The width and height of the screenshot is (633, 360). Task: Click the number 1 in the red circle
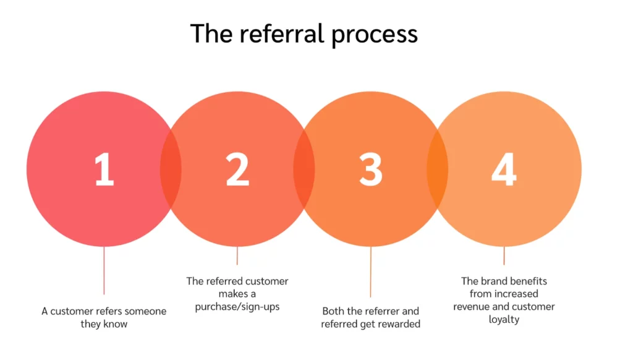(104, 169)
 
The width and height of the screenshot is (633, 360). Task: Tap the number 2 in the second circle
(237, 169)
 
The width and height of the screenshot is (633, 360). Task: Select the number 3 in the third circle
(371, 169)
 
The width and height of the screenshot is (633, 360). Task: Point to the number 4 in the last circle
(504, 169)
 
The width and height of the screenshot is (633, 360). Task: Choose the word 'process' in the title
(375, 34)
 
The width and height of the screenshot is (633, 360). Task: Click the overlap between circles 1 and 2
(171, 169)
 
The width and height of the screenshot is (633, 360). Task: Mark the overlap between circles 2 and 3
(304, 169)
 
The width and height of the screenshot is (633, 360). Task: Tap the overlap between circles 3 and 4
(437, 169)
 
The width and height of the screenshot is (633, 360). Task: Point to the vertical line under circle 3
(371, 272)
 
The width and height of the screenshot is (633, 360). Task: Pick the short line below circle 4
(504, 255)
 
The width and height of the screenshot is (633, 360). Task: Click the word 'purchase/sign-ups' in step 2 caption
(238, 306)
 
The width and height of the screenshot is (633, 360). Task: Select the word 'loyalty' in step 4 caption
(504, 320)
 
